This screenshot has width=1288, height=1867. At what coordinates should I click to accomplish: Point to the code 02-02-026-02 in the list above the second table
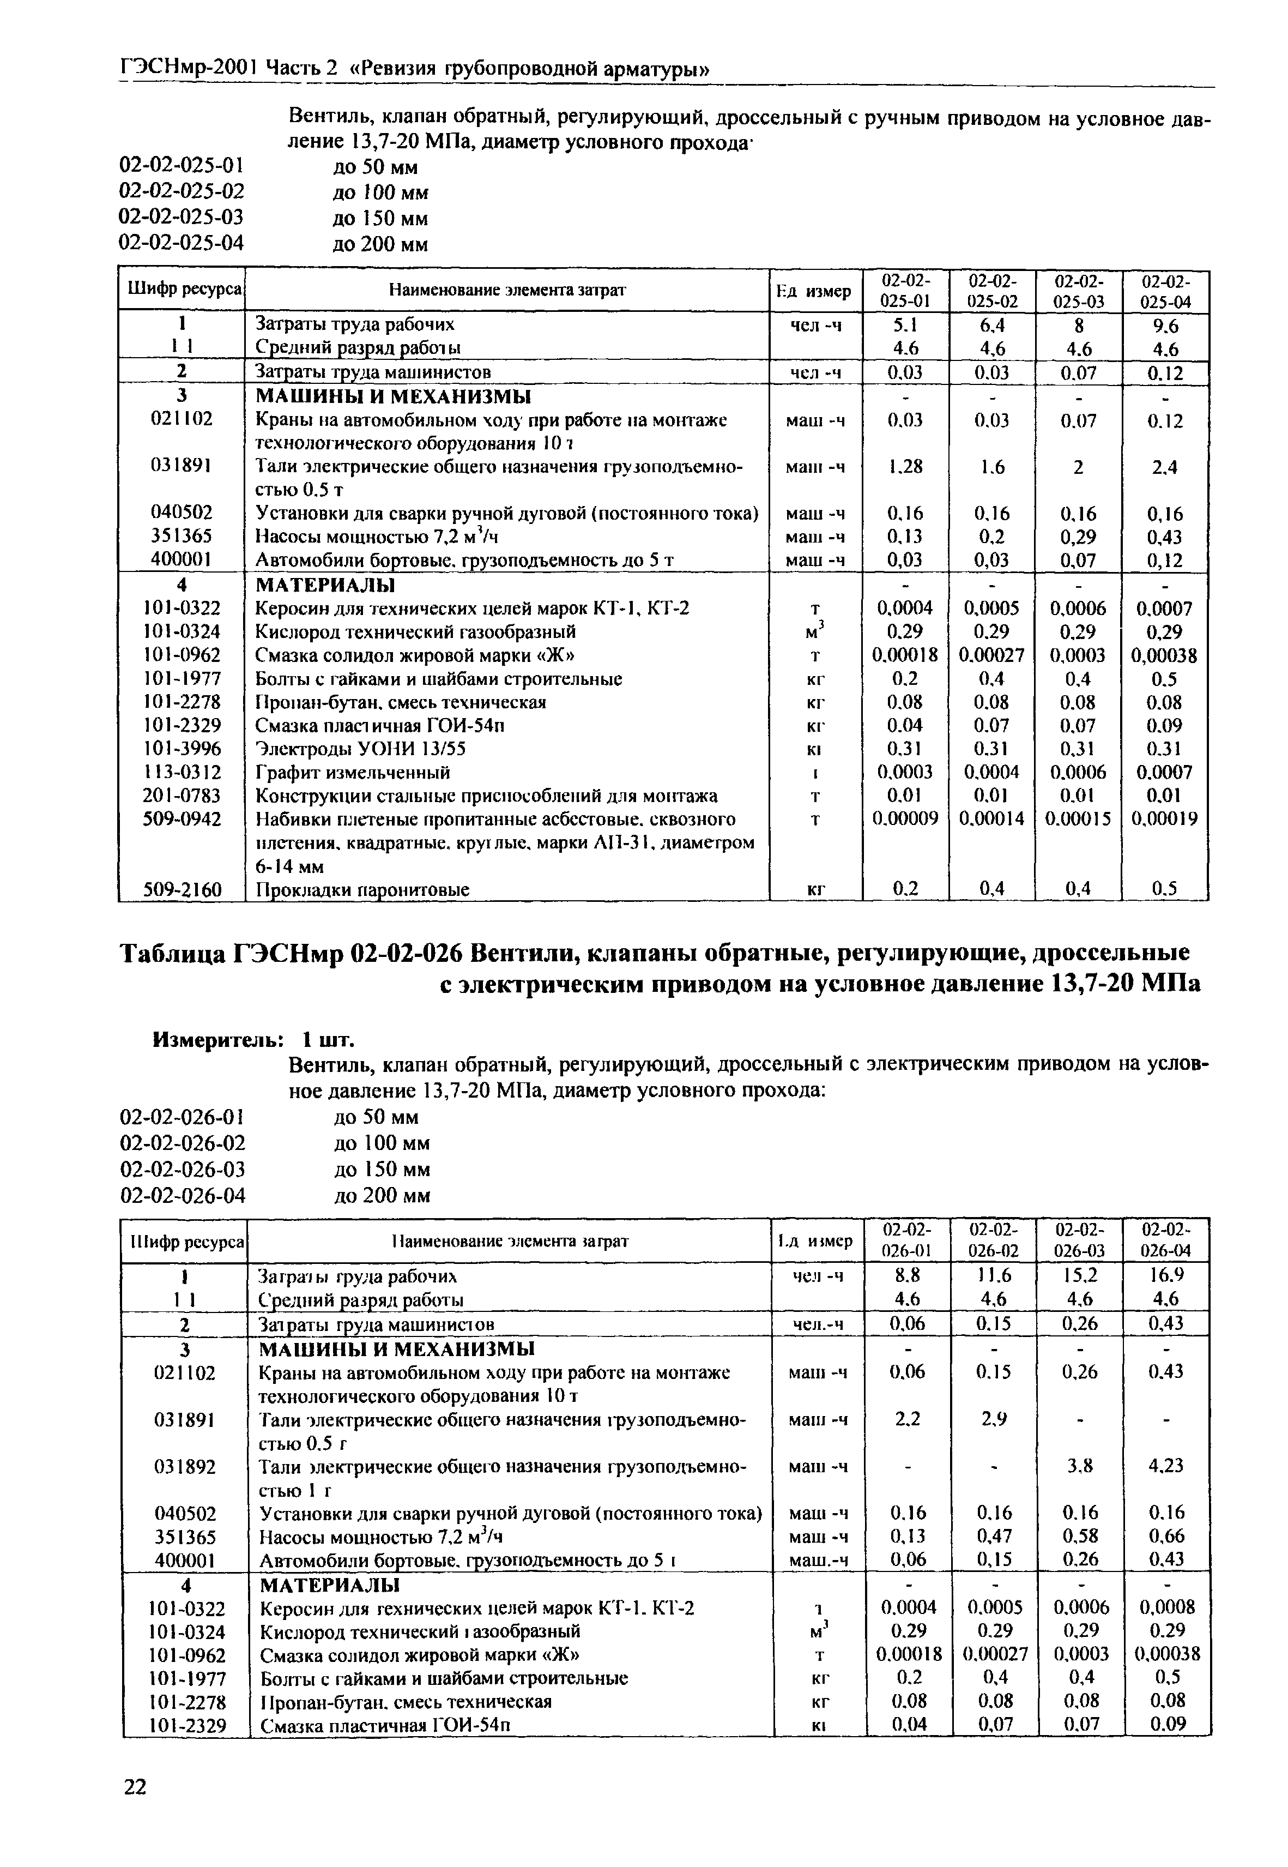tap(183, 1143)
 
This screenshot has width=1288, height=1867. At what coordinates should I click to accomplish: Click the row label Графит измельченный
tap(353, 773)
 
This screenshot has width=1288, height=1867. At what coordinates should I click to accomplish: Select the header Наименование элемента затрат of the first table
tap(507, 291)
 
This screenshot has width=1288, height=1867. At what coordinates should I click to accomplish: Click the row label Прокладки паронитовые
tap(362, 889)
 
